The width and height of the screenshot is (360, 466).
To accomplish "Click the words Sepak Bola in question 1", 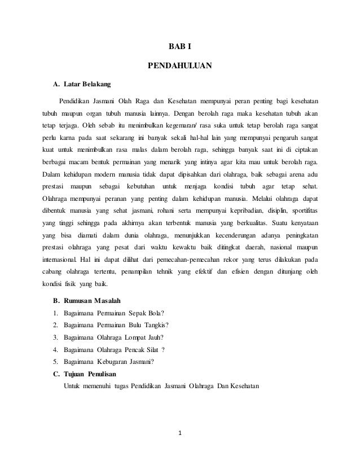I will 146,314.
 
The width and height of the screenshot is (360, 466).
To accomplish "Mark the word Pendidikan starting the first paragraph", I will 77,101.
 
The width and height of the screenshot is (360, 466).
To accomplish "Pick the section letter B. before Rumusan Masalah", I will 55,301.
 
